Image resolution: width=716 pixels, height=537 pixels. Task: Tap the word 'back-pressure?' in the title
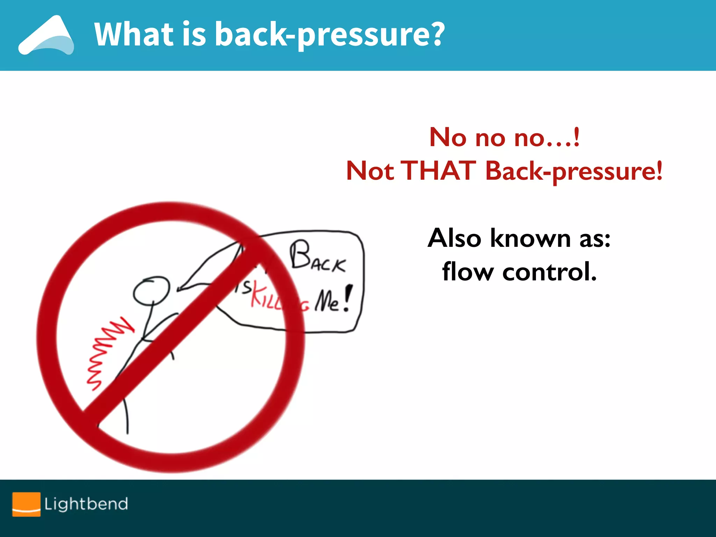click(329, 35)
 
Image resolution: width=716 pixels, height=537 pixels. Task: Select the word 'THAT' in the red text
click(440, 171)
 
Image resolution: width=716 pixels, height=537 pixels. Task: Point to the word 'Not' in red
click(370, 171)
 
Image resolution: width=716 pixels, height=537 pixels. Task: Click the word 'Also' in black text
click(454, 238)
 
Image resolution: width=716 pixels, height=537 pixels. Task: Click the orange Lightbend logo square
click(26, 504)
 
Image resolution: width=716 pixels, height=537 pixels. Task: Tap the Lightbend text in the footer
click(86, 504)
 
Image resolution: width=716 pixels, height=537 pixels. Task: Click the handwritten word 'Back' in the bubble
click(317, 257)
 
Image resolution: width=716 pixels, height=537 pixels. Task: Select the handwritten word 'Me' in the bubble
click(327, 301)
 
